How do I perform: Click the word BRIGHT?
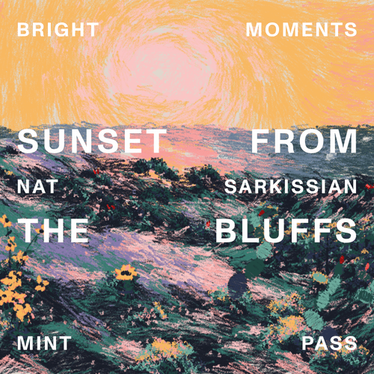tap(58, 31)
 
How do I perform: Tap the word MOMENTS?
tap(301, 31)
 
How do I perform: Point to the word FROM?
tap(304, 142)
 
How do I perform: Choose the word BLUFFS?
tap(286, 230)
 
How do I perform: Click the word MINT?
tap(44, 344)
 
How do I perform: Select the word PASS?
tap(328, 344)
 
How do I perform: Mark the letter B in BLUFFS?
tap(227, 230)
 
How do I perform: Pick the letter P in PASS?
tap(307, 344)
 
